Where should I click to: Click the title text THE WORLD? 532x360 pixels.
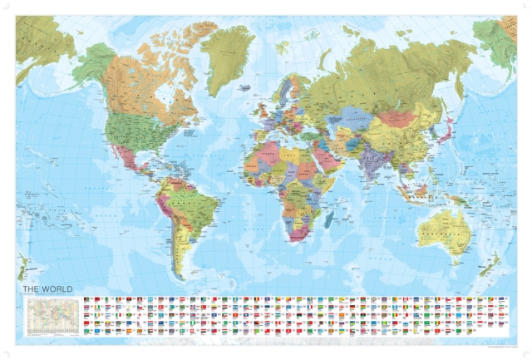(47, 289)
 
